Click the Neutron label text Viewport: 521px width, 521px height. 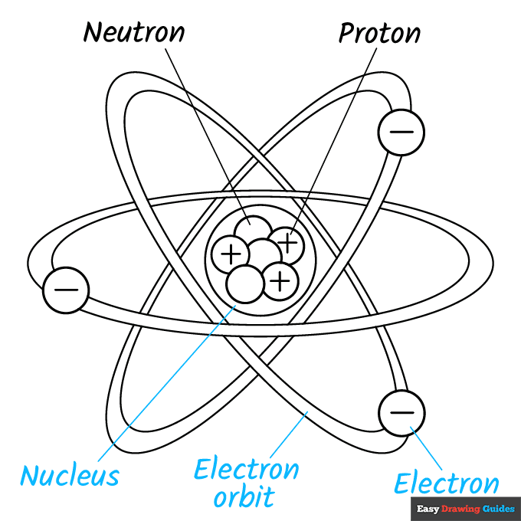coord(134,32)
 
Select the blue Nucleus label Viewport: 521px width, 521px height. coord(70,475)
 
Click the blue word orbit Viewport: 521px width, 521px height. coord(244,497)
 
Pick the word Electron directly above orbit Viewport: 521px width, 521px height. coord(246,469)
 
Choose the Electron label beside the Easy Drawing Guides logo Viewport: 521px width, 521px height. coord(446,483)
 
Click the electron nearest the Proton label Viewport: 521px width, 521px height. coord(401,131)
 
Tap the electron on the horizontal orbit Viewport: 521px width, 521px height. coord(66,290)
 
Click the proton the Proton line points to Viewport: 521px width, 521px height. coord(287,243)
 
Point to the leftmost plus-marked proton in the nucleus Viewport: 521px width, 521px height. coord(231,252)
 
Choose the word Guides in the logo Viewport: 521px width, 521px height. coord(499,508)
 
